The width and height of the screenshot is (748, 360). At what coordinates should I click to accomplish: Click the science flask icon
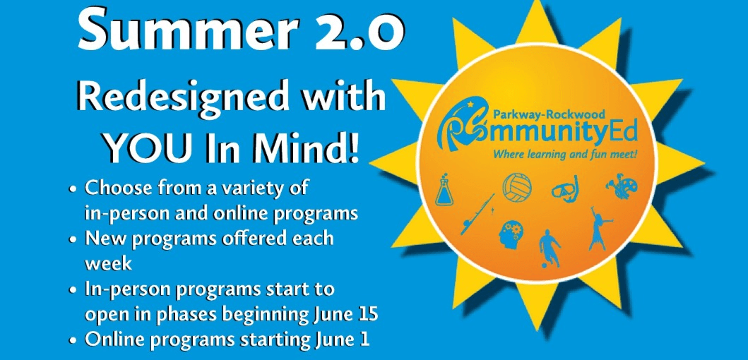(x=444, y=189)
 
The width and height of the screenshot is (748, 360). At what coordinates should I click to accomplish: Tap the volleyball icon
(x=517, y=187)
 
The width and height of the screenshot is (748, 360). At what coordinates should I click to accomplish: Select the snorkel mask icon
(x=566, y=189)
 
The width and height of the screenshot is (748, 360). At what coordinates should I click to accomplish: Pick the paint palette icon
(x=621, y=186)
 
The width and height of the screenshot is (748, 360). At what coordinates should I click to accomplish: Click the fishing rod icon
(x=478, y=214)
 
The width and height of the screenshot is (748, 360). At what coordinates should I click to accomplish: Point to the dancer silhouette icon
(x=600, y=229)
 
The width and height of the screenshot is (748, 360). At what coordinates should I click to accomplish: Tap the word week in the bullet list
(x=108, y=263)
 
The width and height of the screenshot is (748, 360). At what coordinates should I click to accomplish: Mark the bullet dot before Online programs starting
(x=73, y=341)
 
